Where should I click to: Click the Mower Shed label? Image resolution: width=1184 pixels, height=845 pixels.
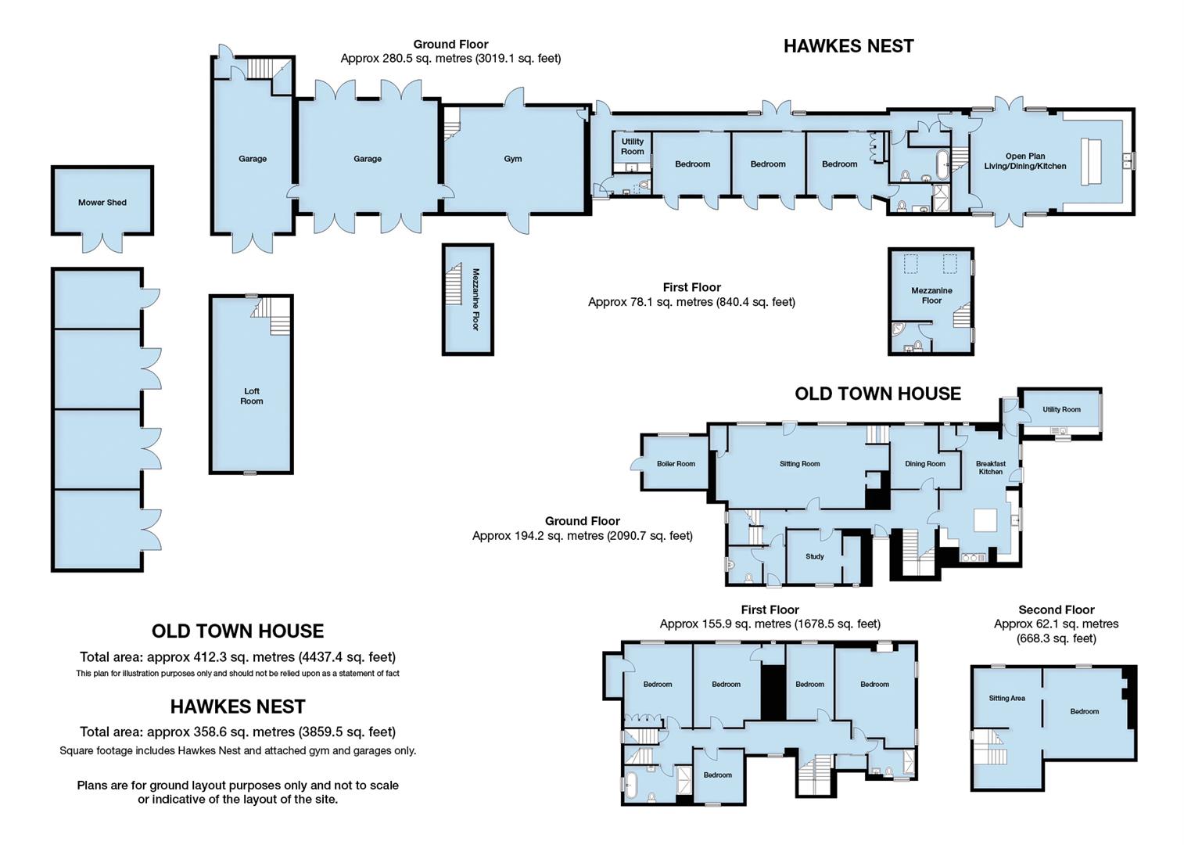(x=102, y=203)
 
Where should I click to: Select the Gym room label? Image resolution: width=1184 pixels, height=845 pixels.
(x=512, y=159)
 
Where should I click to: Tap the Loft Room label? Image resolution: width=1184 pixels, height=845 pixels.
(x=252, y=396)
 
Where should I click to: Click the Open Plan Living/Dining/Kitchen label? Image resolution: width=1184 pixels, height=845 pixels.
(x=1024, y=161)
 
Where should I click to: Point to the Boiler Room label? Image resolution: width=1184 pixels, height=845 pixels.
(x=676, y=464)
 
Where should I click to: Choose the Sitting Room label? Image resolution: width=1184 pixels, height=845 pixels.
(x=799, y=464)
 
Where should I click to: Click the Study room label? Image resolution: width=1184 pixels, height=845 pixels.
(x=814, y=557)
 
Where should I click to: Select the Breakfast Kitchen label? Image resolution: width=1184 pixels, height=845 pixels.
(x=990, y=468)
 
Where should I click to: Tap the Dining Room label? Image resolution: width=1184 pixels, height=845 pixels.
(x=925, y=464)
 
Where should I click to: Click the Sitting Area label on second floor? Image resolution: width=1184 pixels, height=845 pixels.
(x=1006, y=699)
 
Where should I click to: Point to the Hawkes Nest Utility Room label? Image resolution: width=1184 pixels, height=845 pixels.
(x=632, y=147)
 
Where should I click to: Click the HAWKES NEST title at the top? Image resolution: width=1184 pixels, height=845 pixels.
(x=849, y=46)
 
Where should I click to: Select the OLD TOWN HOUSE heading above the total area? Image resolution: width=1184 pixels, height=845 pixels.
(x=237, y=631)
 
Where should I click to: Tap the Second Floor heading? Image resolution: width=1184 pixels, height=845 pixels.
(x=1056, y=609)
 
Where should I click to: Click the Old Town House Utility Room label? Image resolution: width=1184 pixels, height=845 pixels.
(x=1060, y=410)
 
